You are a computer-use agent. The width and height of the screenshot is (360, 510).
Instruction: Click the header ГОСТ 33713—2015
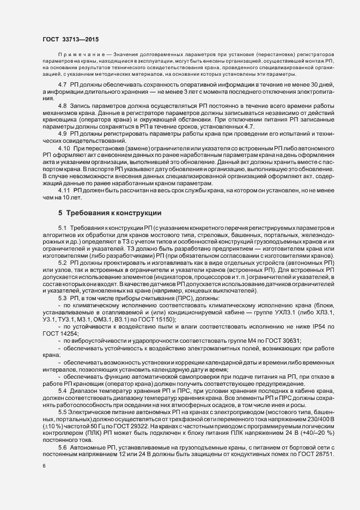pyautogui.click(x=70, y=39)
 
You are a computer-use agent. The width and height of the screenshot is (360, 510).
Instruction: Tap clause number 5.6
pyautogui.click(x=62, y=446)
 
